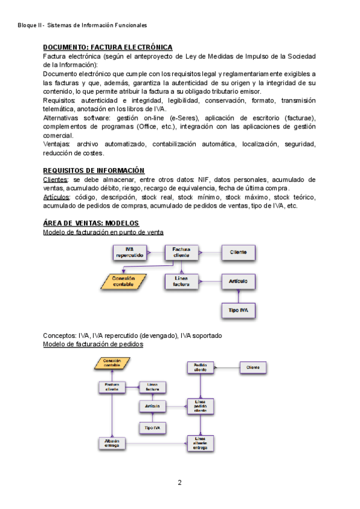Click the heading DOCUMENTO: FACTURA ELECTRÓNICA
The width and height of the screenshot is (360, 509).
pyautogui.click(x=108, y=47)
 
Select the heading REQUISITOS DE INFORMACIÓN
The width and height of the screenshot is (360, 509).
pyautogui.click(x=94, y=171)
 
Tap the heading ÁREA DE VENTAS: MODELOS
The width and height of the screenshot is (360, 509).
pyautogui.click(x=91, y=223)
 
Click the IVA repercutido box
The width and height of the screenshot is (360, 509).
pyautogui.click(x=129, y=253)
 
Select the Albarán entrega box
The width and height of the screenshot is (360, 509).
pyautogui.click(x=112, y=443)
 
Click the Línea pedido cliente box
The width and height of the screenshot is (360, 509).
pyautogui.click(x=200, y=406)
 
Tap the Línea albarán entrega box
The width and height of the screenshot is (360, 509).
pyautogui.click(x=200, y=443)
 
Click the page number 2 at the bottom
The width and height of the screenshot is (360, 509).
pyautogui.click(x=179, y=483)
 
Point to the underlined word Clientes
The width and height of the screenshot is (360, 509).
pyautogui.click(x=55, y=180)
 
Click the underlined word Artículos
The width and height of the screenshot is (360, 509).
pyautogui.click(x=56, y=197)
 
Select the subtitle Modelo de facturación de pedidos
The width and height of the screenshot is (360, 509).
pyautogui.click(x=93, y=345)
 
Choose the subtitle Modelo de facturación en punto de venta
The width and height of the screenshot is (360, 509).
pyautogui.click(x=103, y=232)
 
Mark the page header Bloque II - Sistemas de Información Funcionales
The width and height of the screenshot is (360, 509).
pyautogui.click(x=82, y=25)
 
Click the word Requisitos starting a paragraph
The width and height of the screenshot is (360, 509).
pyautogui.click(x=59, y=101)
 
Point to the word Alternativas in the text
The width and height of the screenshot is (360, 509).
pyautogui.click(x=63, y=118)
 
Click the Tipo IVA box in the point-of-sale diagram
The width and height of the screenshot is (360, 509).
pyautogui.click(x=238, y=310)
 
